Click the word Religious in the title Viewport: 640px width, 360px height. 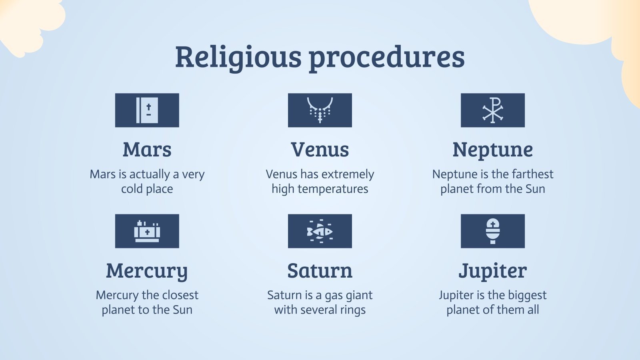(x=238, y=57)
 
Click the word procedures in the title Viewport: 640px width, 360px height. (x=386, y=57)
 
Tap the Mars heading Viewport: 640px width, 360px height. (x=147, y=150)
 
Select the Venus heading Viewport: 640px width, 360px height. (x=320, y=150)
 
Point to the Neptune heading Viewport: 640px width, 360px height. (x=492, y=150)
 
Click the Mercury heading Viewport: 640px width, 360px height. (x=147, y=271)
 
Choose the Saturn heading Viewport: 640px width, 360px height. (x=320, y=271)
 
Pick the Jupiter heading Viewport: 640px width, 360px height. (x=492, y=271)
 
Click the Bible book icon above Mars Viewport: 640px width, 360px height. (x=147, y=110)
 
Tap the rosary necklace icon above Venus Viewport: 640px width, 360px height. (x=320, y=110)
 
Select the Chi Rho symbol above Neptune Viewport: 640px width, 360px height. (x=492, y=110)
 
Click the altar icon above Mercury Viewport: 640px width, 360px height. (x=147, y=231)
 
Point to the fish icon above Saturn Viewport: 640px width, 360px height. (x=320, y=231)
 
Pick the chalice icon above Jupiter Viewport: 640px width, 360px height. (x=492, y=231)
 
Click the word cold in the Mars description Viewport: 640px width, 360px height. (x=132, y=189)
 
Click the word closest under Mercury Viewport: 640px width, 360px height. (x=180, y=295)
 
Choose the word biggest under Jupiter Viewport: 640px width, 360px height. (x=528, y=295)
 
